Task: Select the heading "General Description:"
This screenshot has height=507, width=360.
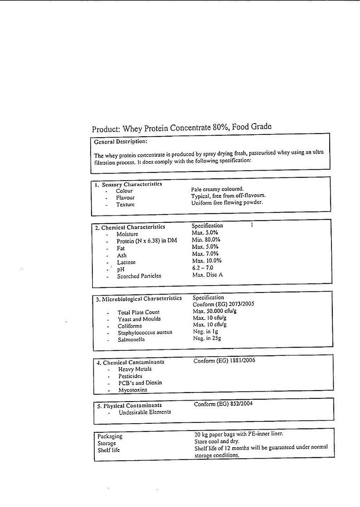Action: [x=120, y=142]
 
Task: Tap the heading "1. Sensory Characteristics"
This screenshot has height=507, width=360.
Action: [x=128, y=184]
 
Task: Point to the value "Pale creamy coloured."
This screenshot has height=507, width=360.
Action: [x=217, y=189]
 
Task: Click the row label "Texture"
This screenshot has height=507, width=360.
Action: [x=125, y=205]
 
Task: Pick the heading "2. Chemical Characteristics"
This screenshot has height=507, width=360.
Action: [x=130, y=227]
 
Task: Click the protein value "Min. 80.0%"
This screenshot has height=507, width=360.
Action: [x=206, y=239]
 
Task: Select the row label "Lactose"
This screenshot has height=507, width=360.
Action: [x=126, y=262]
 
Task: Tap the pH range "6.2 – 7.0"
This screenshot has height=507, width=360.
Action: [x=202, y=268]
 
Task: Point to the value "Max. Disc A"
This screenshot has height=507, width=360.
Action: [x=207, y=275]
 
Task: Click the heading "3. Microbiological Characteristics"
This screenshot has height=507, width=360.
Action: [x=139, y=299]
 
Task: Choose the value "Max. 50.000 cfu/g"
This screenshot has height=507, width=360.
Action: [x=215, y=311]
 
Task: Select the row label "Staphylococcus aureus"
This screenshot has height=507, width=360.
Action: [x=145, y=333]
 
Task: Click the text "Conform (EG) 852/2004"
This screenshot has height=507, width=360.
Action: [x=223, y=404]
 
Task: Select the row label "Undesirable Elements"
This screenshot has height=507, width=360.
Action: [x=145, y=412]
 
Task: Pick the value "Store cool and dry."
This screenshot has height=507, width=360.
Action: [x=217, y=441]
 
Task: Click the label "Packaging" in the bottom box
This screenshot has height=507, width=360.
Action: [x=110, y=436]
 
